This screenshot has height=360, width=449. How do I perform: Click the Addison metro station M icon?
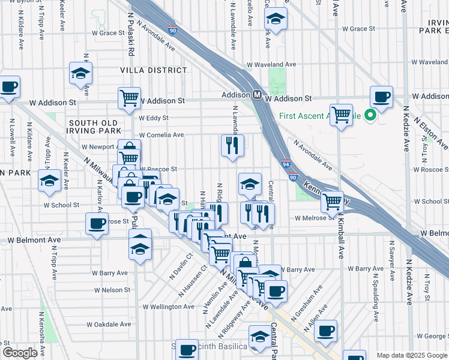point(256,95)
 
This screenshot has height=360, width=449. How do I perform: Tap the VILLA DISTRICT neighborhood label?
point(154,70)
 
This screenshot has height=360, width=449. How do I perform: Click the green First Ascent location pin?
point(370,115)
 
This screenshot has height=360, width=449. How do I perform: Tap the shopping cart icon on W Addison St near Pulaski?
point(130,97)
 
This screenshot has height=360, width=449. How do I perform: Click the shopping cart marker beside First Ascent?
point(341,114)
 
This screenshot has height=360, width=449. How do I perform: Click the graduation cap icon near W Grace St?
point(276,19)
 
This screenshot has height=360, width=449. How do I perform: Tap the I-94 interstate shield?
point(286,163)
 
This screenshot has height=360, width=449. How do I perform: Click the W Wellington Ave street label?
point(168,307)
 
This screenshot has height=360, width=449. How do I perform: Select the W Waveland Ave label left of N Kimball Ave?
point(272,64)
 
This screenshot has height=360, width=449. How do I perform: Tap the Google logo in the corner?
point(19,353)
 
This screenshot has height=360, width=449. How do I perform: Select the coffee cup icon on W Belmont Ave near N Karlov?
point(96,224)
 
